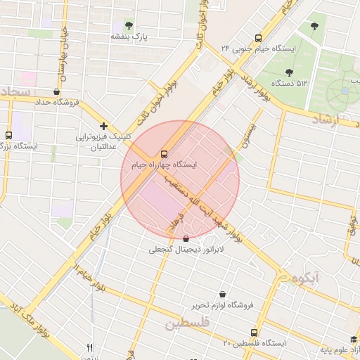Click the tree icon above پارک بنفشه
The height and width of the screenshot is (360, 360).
click(x=128, y=25)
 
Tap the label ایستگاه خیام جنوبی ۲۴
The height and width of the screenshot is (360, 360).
click(x=258, y=49)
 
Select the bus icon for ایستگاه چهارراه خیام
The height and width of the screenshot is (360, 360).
click(x=164, y=153)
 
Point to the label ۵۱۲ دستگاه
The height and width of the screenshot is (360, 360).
click(x=292, y=83)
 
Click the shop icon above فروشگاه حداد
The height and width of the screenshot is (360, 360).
click(x=56, y=91)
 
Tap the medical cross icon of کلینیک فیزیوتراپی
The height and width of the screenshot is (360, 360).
click(x=103, y=126)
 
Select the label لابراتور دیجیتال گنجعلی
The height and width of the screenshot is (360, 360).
click(x=185, y=250)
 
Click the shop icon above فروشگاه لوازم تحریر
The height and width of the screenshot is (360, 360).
click(x=222, y=294)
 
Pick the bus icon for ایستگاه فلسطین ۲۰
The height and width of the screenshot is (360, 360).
click(x=254, y=332)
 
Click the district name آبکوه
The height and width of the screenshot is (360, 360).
click(x=307, y=278)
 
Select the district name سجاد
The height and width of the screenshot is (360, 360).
click(x=14, y=93)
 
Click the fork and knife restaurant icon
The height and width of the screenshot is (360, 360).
click(x=89, y=347)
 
